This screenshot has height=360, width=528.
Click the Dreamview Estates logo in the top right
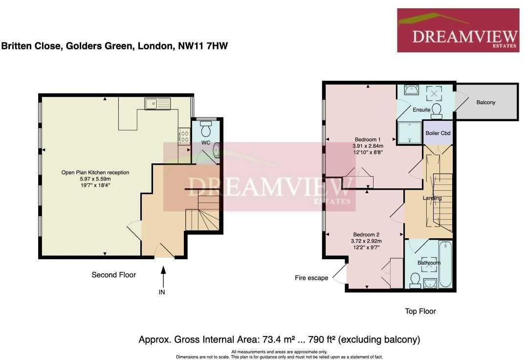click(458, 30)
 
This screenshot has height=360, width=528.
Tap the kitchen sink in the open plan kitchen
click(157, 104)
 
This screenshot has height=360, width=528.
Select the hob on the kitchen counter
click(185, 135)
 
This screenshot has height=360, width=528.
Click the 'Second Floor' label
click(113, 275)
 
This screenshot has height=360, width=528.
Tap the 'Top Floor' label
click(420, 311)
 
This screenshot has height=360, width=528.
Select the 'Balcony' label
click(485, 102)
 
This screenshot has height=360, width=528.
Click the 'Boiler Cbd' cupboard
click(438, 133)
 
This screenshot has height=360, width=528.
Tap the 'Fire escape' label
click(311, 278)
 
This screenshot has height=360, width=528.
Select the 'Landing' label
click(432, 198)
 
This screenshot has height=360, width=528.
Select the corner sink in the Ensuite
click(412, 90)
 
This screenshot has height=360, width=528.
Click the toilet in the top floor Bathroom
click(415, 280)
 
